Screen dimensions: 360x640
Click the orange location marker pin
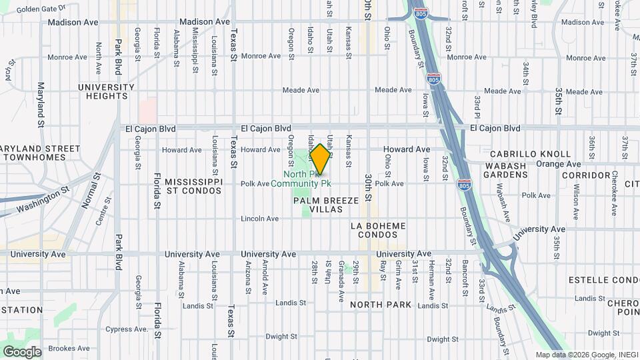point(320,159)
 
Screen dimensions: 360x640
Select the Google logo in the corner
point(22,351)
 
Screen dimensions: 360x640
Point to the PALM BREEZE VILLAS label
point(327,205)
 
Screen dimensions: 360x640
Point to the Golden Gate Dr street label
point(41,9)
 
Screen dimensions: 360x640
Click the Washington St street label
point(43,199)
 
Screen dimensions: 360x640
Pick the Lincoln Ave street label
point(259,218)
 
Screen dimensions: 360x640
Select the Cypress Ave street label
point(127,329)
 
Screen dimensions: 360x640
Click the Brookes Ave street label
point(69,348)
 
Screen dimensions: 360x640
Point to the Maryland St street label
point(41,105)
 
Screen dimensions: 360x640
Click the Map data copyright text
point(587,355)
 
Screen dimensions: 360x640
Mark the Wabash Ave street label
point(507,207)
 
